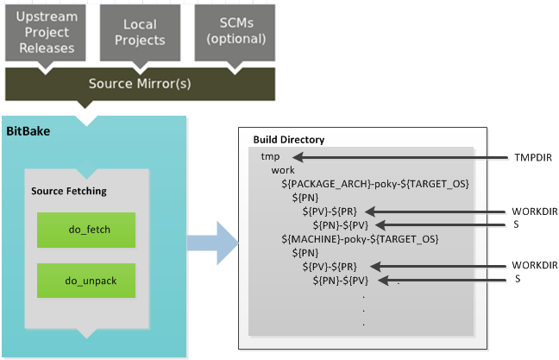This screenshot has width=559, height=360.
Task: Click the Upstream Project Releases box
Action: click(45, 33)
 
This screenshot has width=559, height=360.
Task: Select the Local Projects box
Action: click(140, 33)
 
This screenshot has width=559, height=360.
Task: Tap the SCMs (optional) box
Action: click(235, 33)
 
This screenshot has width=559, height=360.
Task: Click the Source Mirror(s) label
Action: click(140, 84)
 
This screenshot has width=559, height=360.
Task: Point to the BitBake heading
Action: click(28, 131)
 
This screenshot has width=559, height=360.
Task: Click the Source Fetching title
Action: click(69, 192)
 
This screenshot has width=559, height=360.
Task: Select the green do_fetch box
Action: click(86, 230)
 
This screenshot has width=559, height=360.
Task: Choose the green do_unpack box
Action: click(86, 281)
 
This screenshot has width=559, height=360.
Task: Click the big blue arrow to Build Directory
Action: click(213, 243)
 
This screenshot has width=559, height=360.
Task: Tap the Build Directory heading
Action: click(289, 140)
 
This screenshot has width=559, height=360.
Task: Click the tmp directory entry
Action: click(270, 156)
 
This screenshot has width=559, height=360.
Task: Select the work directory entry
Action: click(283, 170)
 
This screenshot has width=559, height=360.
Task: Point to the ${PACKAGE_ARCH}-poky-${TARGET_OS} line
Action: click(375, 184)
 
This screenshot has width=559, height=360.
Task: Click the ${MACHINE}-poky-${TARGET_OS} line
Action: click(360, 239)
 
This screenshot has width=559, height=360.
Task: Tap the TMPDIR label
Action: click(533, 158)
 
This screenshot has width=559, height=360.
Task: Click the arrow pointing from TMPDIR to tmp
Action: click(400, 157)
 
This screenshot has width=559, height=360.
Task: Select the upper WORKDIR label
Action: click(535, 212)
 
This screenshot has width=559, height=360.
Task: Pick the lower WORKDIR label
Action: click(535, 265)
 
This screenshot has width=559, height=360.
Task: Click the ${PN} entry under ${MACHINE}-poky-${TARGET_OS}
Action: click(305, 253)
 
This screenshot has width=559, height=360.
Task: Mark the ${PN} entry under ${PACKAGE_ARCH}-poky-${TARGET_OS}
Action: click(305, 198)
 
